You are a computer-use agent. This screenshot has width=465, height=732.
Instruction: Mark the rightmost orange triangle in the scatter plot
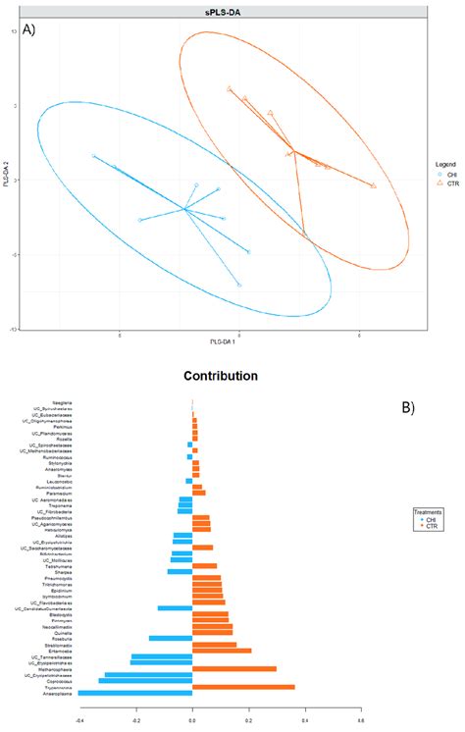[373, 184]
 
